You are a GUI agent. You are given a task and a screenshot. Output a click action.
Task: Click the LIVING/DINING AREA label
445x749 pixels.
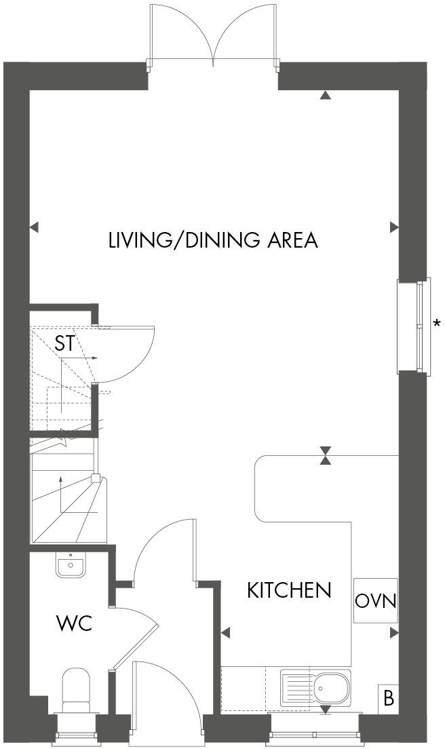point(213,240)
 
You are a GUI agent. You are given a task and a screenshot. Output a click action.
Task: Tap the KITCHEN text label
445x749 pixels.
point(289,590)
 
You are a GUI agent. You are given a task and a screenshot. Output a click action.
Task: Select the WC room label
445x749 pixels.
point(74,623)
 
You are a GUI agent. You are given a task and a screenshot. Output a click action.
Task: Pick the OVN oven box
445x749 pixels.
point(375,600)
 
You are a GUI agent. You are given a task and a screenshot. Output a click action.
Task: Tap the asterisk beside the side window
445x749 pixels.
point(437,324)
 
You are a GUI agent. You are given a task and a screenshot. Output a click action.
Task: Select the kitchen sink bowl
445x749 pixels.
point(332,687)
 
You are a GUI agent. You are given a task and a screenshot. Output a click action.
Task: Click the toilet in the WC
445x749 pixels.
point(76,689)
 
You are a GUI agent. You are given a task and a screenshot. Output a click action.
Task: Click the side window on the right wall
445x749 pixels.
point(414,325)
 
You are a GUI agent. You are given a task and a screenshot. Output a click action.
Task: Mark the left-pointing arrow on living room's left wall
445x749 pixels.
point(35,227)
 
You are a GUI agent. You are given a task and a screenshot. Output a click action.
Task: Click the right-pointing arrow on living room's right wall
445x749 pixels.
point(394,227)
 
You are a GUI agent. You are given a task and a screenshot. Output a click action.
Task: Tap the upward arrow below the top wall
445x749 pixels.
point(326,96)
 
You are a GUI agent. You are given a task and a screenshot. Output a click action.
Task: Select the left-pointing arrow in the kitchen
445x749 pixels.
point(226,633)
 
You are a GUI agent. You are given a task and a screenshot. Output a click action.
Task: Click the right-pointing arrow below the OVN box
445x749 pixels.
point(394,633)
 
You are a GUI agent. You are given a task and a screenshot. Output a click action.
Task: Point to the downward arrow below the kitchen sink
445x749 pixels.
point(326,710)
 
